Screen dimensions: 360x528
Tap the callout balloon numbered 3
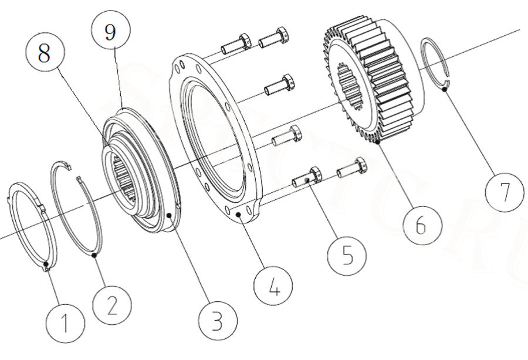pyautogui.click(x=217, y=321)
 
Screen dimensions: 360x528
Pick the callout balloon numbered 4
pyautogui.click(x=272, y=287)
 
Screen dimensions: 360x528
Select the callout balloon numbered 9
pyautogui.click(x=111, y=32)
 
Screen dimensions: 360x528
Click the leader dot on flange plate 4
pyautogui.click(x=239, y=216)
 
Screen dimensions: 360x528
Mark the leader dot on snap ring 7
pyautogui.click(x=445, y=89)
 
